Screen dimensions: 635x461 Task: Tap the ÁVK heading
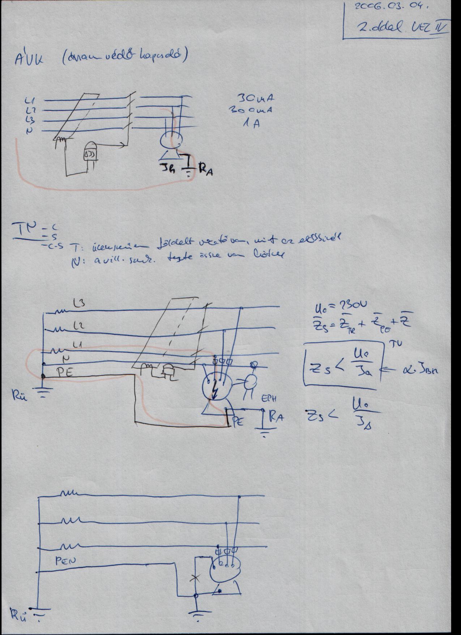(x=29, y=59)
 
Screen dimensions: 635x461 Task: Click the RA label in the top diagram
(x=205, y=170)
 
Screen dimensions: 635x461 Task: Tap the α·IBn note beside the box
(x=419, y=369)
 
